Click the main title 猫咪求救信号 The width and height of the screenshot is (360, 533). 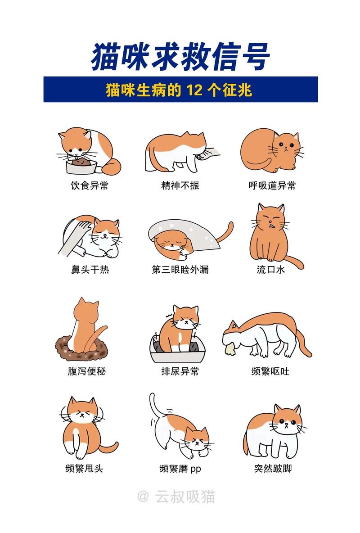pyautogui.click(x=180, y=57)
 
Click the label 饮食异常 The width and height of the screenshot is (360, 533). pyautogui.click(x=90, y=185)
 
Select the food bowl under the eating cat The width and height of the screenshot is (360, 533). pyautogui.click(x=81, y=167)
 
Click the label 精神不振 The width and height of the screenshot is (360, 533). pyautogui.click(x=180, y=185)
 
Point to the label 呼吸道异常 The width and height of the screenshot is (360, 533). pyautogui.click(x=272, y=185)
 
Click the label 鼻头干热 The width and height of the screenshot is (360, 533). pyautogui.click(x=90, y=270)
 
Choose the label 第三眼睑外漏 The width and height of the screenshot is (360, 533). pyautogui.click(x=180, y=270)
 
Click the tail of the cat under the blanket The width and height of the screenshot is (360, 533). pyautogui.click(x=225, y=234)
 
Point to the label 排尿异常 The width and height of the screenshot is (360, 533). pyautogui.click(x=180, y=371)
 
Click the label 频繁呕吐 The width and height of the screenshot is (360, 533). pyautogui.click(x=270, y=371)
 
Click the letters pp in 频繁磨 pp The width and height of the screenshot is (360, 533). pyautogui.click(x=195, y=469)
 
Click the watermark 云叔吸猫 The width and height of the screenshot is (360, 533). pyautogui.click(x=185, y=497)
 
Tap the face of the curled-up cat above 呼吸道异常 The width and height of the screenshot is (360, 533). pyautogui.click(x=285, y=146)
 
